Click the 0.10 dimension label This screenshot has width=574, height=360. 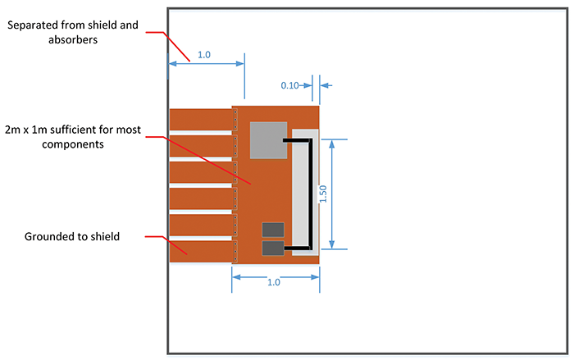tap(289, 85)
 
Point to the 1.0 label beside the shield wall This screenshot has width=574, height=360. tap(204, 55)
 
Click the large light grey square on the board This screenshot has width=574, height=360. tap(268, 140)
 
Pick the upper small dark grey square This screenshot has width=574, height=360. tap(273, 230)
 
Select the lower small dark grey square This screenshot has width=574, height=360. tap(273, 248)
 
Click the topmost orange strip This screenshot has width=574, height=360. tap(200, 119)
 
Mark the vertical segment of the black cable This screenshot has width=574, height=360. tap(312, 194)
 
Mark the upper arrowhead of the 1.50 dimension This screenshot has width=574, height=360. tap(331, 144)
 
